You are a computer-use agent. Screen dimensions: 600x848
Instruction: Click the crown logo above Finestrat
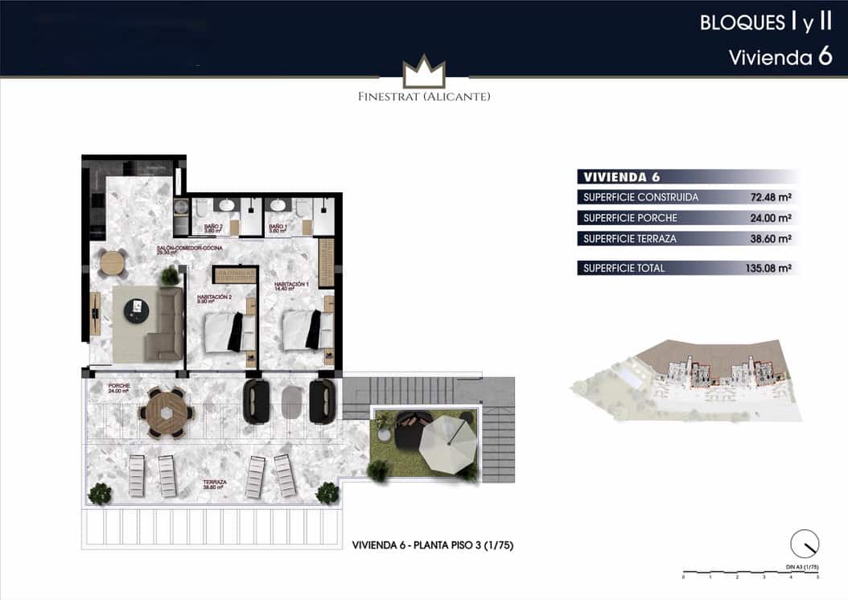(424, 72)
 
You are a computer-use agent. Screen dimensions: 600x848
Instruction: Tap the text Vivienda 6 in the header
(780, 58)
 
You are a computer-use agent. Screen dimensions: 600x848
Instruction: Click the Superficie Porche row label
(630, 218)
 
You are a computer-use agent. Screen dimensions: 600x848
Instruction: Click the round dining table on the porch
(167, 413)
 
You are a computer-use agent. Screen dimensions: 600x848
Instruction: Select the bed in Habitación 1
(303, 330)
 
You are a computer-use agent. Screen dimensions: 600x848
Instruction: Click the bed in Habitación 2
(226, 332)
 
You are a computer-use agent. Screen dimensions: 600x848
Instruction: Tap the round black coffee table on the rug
(136, 310)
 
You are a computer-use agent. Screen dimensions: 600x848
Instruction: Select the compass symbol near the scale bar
(804, 545)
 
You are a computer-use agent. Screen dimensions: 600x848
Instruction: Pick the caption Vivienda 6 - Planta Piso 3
(433, 545)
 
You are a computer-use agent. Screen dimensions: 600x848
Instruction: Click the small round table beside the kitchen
(113, 263)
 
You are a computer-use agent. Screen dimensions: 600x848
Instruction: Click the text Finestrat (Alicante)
(424, 97)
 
